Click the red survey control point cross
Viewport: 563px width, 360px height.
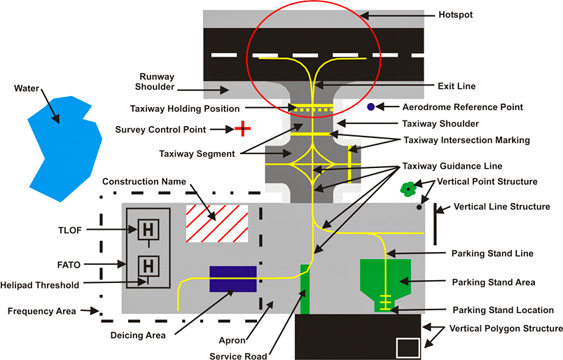click(242, 128)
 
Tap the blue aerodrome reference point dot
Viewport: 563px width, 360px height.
click(370, 107)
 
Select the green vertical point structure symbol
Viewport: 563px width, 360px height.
click(408, 188)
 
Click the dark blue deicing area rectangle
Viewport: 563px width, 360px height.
click(233, 279)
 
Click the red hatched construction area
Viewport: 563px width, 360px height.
click(217, 224)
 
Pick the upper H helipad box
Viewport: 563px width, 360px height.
click(147, 229)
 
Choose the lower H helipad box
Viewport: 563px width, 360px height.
click(147, 265)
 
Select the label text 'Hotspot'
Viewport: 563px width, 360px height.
click(457, 14)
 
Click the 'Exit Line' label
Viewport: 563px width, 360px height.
click(455, 86)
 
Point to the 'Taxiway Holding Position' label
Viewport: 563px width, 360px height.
click(185, 109)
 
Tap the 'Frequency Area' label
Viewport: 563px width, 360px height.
click(41, 310)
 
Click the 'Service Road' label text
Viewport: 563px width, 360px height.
click(238, 356)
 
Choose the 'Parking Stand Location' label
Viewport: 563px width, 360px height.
click(503, 310)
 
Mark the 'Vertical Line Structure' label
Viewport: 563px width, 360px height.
click(502, 207)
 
